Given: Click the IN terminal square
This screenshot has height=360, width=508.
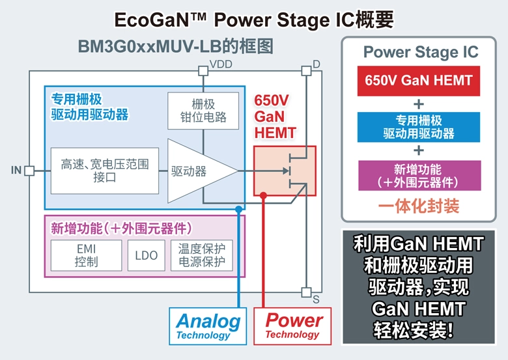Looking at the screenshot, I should pyautogui.click(x=29, y=171).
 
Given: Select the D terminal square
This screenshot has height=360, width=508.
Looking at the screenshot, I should pyautogui.click(x=305, y=69).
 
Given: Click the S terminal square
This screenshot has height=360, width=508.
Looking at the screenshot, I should pyautogui.click(x=305, y=292).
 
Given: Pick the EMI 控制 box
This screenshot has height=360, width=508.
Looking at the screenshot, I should pyautogui.click(x=86, y=255).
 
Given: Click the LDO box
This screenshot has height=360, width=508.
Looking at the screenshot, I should pyautogui.click(x=147, y=255).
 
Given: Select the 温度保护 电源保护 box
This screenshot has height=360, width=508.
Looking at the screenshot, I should pyautogui.click(x=201, y=255).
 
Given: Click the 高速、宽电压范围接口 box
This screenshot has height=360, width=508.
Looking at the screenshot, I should pyautogui.click(x=104, y=171).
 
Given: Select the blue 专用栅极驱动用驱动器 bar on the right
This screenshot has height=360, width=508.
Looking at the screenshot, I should pyautogui.click(x=418, y=127).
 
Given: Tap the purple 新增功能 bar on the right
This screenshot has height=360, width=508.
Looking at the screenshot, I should pyautogui.click(x=418, y=175).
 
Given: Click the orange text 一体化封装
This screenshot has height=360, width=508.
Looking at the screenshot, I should pyautogui.click(x=418, y=206).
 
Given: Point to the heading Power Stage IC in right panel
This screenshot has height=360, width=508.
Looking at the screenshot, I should pyautogui.click(x=420, y=52).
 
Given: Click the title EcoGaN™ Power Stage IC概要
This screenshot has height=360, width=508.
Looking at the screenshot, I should pyautogui.click(x=254, y=20).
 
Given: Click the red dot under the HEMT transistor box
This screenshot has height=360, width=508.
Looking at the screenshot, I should pyautogui.click(x=263, y=195).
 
